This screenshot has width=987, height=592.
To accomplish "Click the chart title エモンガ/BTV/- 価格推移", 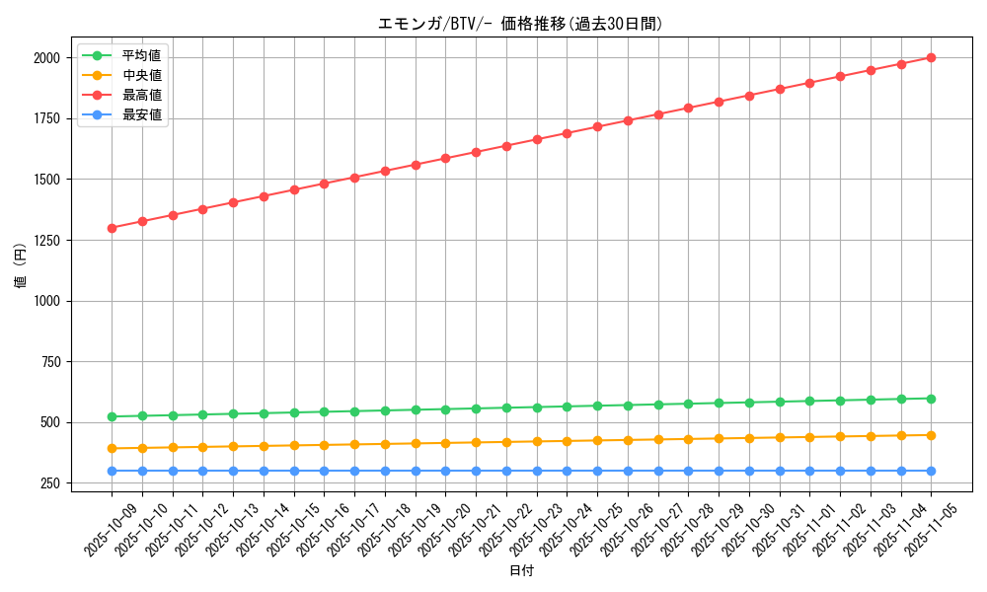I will click(x=520, y=24).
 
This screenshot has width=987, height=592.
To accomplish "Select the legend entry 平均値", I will click(x=141, y=55).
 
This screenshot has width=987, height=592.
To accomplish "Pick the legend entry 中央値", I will click(x=141, y=75).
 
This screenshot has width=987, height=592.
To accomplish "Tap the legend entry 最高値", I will click(x=141, y=95).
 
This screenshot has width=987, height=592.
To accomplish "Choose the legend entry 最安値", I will click(x=141, y=114).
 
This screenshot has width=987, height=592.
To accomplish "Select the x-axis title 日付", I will click(x=521, y=571).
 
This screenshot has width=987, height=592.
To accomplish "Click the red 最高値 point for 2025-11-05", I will click(x=931, y=58).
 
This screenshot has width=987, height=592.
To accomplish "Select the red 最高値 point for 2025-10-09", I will click(x=112, y=228).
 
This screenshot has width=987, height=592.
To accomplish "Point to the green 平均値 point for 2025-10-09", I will click(x=112, y=416).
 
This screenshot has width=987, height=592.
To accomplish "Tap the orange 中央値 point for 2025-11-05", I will click(x=931, y=435).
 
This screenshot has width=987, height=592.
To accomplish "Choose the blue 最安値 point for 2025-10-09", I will click(x=112, y=471).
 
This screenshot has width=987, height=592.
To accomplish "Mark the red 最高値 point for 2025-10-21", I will click(x=476, y=152).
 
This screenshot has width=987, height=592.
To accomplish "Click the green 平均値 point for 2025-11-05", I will click(x=931, y=399).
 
